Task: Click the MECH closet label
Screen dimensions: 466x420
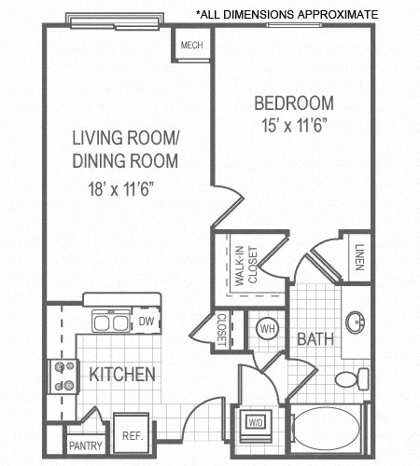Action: [x=192, y=44]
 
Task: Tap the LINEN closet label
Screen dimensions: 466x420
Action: [x=359, y=255]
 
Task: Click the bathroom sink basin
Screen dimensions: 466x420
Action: [x=356, y=323]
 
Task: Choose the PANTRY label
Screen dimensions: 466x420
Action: [x=85, y=446]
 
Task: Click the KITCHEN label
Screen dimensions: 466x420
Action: [x=121, y=375]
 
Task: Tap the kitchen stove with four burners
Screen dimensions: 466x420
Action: [x=63, y=377]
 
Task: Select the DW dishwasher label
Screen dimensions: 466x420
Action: [x=146, y=322]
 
